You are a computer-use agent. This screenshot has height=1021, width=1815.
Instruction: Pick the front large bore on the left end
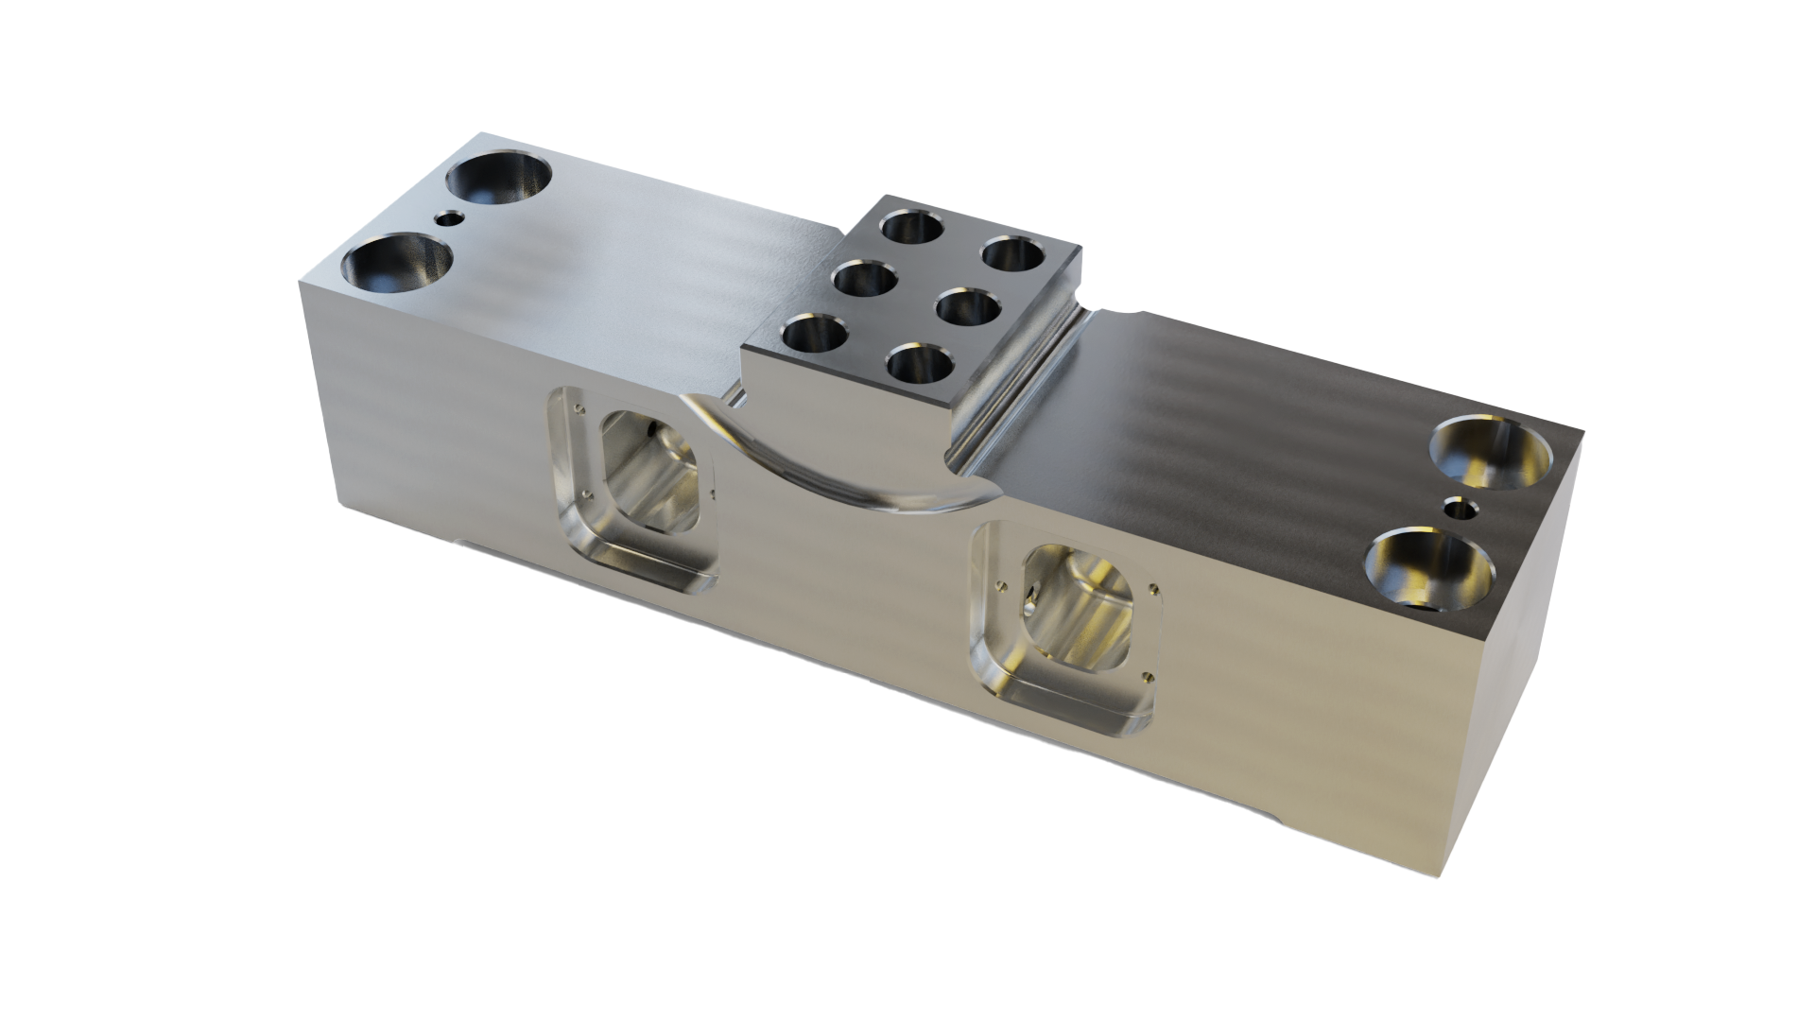pyautogui.click(x=396, y=266)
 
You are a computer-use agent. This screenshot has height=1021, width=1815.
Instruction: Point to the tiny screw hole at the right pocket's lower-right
pyautogui.click(x=1146, y=675)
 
